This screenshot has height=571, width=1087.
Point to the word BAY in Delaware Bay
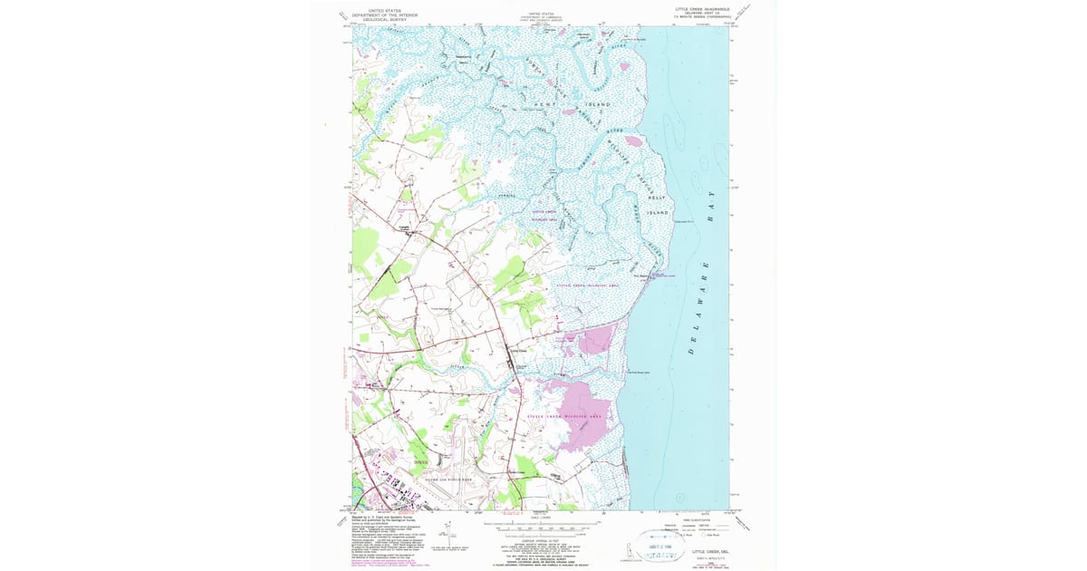[711, 200]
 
